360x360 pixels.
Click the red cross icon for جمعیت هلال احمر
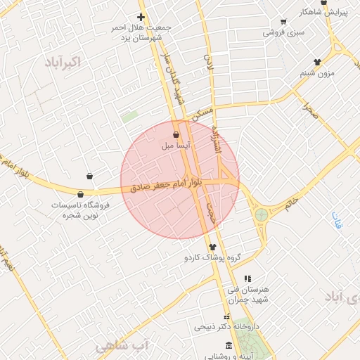pyautogui.click(x=141, y=17)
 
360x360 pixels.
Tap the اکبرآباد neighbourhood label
pyautogui.click(x=61, y=62)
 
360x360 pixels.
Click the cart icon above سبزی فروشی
pyautogui.click(x=283, y=22)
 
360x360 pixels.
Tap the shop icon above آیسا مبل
pyautogui.click(x=175, y=134)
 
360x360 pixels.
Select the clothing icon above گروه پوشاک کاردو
pyautogui.click(x=213, y=246)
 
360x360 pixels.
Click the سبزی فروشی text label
pyautogui.click(x=283, y=32)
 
